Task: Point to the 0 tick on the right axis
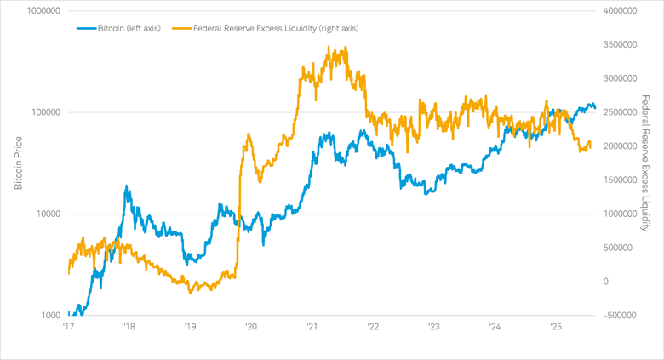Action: (x=606, y=282)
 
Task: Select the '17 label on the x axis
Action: (x=67, y=326)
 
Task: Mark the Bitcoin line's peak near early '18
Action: (x=128, y=186)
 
